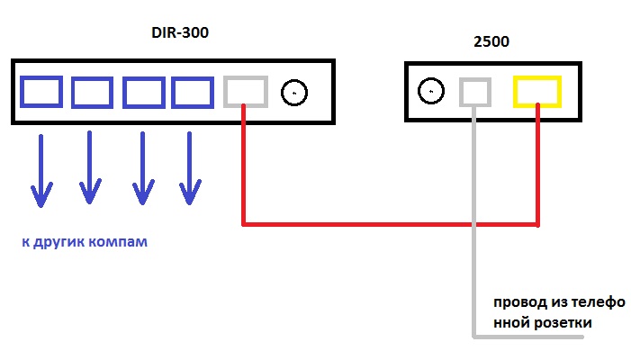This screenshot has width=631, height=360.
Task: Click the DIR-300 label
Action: tap(186, 34)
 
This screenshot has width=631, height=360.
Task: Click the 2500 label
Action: tap(492, 42)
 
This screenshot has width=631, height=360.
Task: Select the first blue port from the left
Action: tap(41, 92)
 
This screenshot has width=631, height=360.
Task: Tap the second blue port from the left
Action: tap(92, 93)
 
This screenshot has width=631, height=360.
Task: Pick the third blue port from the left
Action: tap(143, 93)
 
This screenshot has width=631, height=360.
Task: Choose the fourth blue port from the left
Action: tap(192, 93)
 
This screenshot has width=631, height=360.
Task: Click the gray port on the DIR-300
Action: tap(245, 92)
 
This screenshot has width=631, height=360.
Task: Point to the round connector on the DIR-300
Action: tap(294, 92)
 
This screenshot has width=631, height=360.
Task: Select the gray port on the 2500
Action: tap(474, 92)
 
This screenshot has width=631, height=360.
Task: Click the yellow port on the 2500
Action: tap(537, 92)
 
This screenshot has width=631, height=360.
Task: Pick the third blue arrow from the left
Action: tap(140, 171)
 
